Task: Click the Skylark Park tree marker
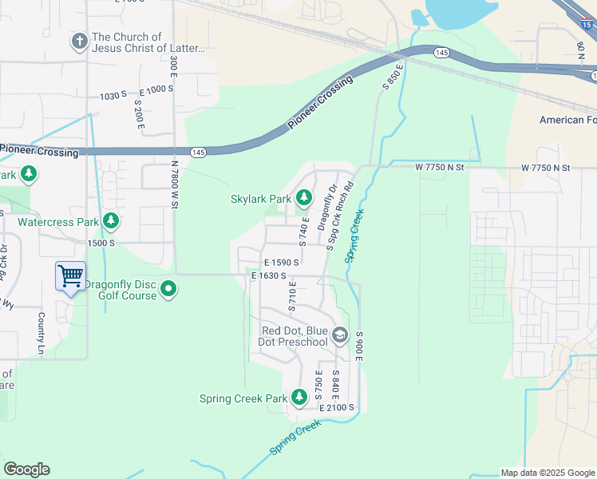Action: tap(303, 197)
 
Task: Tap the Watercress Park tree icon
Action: tap(110, 220)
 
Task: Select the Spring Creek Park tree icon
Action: tap(299, 397)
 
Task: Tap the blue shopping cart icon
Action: tap(71, 276)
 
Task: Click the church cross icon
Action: tap(79, 41)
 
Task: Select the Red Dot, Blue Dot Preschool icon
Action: tap(340, 335)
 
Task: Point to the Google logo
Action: tap(26, 469)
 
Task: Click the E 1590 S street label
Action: tap(281, 262)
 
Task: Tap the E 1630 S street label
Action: tap(268, 275)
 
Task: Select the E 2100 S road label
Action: tap(337, 408)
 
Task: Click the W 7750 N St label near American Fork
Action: tap(546, 168)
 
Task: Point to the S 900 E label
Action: tap(360, 345)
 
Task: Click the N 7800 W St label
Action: tap(174, 184)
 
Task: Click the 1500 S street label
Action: tap(102, 243)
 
